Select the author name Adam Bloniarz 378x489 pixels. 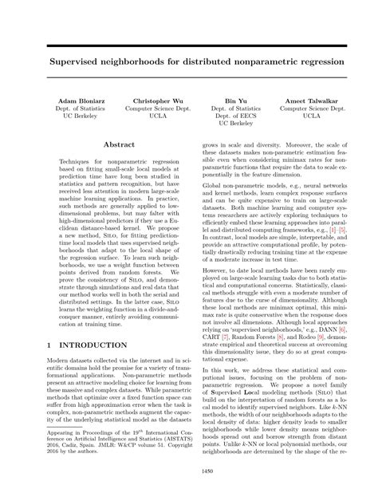(74, 103)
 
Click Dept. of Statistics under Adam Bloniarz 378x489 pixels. (74, 112)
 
